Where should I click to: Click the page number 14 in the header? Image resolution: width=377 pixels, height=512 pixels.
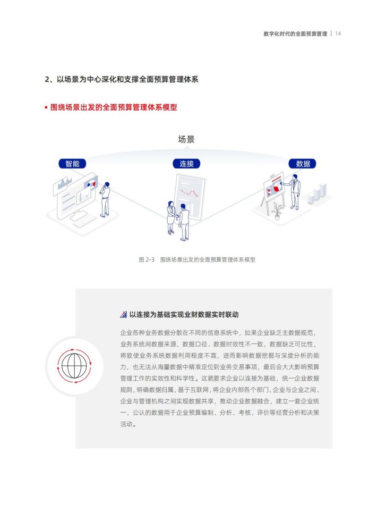338,33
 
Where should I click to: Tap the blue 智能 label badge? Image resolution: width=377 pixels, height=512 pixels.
72,164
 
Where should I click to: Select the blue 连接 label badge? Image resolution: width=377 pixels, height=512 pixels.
186,164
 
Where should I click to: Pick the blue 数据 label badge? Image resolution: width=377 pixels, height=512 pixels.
303,164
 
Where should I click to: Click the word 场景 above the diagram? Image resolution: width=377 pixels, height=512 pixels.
186,139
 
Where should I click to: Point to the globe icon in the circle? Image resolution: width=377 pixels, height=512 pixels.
74,366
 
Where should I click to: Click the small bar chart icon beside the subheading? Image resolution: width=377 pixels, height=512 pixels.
123,314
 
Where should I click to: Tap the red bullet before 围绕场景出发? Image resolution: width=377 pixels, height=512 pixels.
46,107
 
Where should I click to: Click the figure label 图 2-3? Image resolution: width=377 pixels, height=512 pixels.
147,259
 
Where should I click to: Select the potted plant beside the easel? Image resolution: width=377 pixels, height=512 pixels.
277,211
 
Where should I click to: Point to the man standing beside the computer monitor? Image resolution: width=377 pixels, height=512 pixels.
105,199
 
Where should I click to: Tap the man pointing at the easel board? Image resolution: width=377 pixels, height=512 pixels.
294,192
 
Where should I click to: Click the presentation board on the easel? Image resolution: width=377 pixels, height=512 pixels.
274,186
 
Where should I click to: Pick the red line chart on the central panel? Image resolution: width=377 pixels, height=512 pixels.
190,192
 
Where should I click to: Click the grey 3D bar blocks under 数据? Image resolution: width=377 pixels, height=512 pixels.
316,194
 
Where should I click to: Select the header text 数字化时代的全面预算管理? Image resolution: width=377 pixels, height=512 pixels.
295,33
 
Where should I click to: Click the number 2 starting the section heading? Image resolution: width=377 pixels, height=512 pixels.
47,79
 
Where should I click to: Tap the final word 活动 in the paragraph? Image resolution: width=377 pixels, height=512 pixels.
126,424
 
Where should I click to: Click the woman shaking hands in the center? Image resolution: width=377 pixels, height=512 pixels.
171,217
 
